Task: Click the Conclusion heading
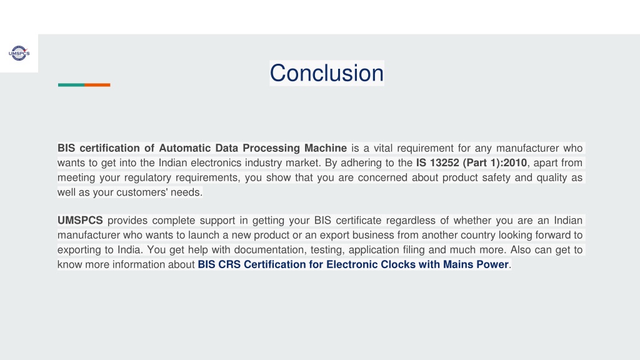(x=326, y=73)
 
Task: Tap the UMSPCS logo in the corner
(x=19, y=53)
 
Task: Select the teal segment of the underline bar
(x=71, y=85)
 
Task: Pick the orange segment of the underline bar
(x=97, y=85)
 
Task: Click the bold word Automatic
(x=184, y=147)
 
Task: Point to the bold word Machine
(x=325, y=147)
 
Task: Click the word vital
(x=383, y=147)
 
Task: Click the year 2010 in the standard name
(x=515, y=162)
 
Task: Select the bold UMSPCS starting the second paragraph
(x=80, y=221)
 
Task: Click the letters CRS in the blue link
(x=229, y=264)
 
